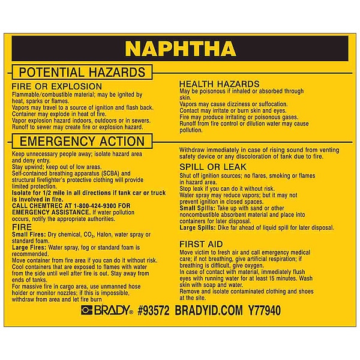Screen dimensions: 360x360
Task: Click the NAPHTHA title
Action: [180, 48]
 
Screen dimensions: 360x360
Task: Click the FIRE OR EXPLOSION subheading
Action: [52, 87]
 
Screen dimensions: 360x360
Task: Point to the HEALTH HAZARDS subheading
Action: [220, 84]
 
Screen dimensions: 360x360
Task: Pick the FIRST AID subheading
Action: [202, 244]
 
